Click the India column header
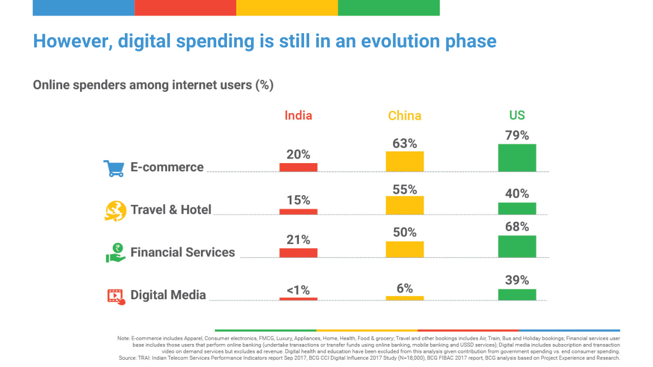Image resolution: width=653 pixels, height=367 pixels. [x=298, y=115]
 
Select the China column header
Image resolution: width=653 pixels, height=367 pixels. [x=405, y=116]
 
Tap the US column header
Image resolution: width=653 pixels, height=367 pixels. [x=517, y=115]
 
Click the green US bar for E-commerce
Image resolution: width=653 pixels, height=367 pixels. [x=517, y=158]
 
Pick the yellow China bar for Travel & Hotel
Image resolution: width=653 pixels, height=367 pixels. [x=405, y=205]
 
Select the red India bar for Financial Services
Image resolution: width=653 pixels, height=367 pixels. [x=298, y=252]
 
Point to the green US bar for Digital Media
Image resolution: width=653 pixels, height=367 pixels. [x=517, y=294]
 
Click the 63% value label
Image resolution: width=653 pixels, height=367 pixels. [x=405, y=143]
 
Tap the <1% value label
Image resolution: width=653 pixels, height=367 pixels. [x=298, y=290]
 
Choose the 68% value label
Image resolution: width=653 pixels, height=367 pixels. [x=517, y=227]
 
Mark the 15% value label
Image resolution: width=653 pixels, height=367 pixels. [x=298, y=200]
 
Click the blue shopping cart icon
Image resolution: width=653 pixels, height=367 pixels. [x=114, y=168]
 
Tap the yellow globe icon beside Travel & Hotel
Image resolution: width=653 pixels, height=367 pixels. [x=115, y=211]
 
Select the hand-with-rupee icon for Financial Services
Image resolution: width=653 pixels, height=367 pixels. [x=116, y=253]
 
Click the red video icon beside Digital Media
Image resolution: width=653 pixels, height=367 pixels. [x=116, y=296]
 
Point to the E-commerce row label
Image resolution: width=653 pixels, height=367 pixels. [x=167, y=167]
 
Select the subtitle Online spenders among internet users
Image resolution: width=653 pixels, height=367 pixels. [x=153, y=85]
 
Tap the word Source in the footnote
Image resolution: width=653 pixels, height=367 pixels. [x=127, y=358]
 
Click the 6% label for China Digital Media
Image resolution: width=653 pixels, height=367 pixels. [x=405, y=289]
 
